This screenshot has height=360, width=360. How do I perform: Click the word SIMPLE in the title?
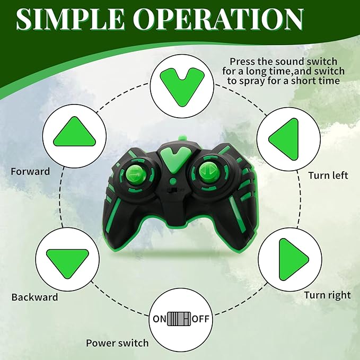click(71, 19)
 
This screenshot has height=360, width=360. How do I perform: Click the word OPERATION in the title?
click(218, 19)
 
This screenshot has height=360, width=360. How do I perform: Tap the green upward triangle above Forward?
click(74, 132)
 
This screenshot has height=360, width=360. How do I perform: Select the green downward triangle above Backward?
click(67, 264)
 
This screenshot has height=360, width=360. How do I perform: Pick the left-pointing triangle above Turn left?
click(284, 139)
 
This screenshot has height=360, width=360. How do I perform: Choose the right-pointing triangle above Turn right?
click(294, 259)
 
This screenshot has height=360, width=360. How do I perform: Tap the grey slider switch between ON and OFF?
click(179, 319)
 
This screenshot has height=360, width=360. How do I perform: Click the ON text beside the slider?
click(160, 319)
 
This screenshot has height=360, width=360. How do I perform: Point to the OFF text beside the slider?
click(200, 319)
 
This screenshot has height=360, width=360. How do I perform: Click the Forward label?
click(30, 171)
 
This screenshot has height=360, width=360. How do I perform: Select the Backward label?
click(34, 297)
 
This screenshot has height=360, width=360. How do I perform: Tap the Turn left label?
click(328, 175)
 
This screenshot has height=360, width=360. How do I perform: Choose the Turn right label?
click(328, 295)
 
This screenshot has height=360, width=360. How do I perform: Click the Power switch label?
click(117, 343)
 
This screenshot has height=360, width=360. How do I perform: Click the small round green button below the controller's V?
click(173, 181)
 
